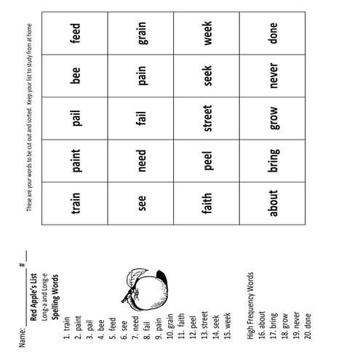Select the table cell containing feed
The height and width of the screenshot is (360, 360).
tap(76, 37)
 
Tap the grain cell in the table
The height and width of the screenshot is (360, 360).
tap(143, 37)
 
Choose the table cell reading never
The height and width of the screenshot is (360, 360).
tap(273, 78)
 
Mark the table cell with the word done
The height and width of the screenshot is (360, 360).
tap(273, 37)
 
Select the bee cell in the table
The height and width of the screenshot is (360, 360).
tap(76, 78)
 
